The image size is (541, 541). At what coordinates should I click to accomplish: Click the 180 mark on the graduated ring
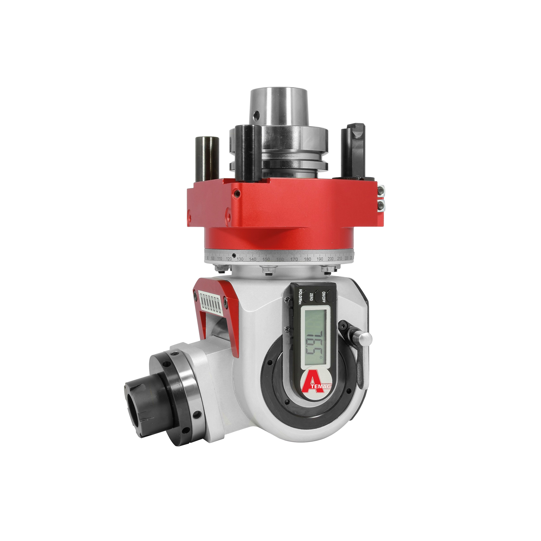pos(308,259)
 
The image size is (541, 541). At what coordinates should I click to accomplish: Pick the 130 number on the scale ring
pos(240,259)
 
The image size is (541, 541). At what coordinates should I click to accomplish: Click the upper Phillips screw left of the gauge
pos(287,300)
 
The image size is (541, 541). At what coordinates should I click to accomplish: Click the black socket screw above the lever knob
pos(344,325)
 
